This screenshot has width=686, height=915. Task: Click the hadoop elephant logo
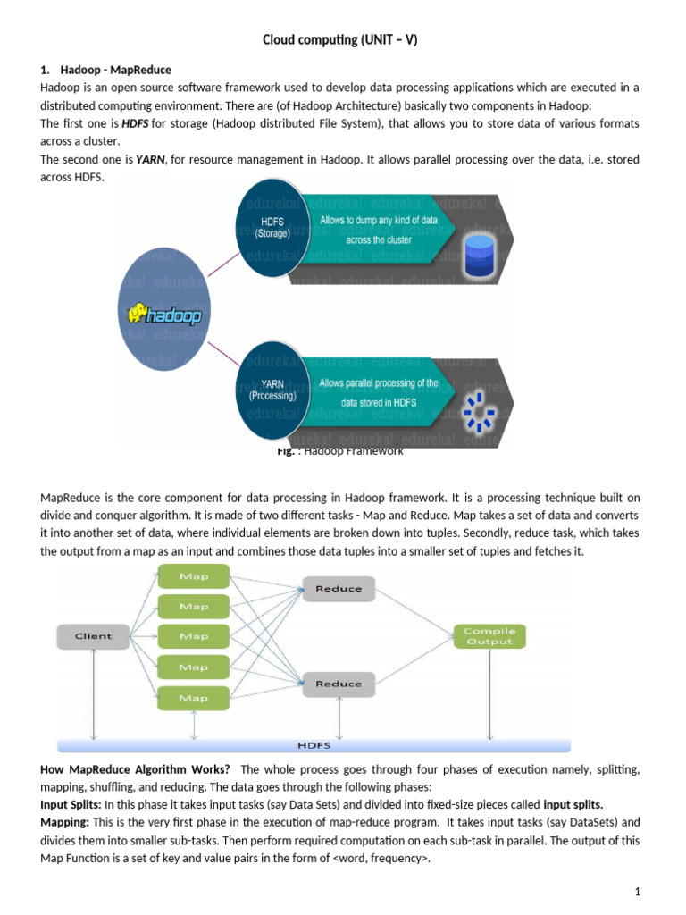click(x=164, y=315)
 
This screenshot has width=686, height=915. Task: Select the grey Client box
click(x=93, y=636)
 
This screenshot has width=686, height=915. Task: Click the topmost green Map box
click(x=194, y=576)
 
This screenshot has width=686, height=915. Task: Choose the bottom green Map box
click(x=194, y=697)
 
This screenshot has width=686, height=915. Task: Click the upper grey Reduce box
click(x=339, y=589)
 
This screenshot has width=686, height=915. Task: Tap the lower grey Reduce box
click(x=339, y=684)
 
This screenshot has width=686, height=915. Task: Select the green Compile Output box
click(x=489, y=636)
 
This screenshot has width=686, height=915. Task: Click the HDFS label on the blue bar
click(x=314, y=744)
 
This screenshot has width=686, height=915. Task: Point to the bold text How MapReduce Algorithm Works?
click(x=135, y=769)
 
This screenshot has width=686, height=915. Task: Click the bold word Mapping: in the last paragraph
click(x=64, y=821)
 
